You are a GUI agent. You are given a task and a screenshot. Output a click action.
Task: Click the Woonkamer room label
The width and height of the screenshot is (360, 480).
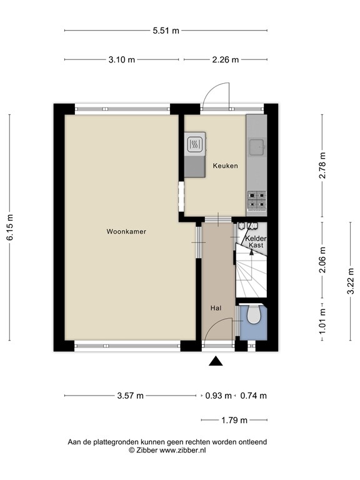click(x=126, y=231)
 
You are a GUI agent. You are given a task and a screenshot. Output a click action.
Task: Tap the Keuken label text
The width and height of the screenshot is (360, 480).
click(x=225, y=166)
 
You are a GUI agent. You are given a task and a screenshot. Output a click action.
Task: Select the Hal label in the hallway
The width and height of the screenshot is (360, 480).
click(x=216, y=307)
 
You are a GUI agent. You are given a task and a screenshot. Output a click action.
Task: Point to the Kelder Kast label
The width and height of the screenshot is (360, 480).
click(x=256, y=242)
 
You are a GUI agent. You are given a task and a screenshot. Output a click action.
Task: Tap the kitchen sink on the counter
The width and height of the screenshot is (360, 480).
click(x=256, y=147)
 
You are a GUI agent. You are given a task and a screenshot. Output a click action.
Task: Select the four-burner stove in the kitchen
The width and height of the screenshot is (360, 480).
click(x=256, y=199)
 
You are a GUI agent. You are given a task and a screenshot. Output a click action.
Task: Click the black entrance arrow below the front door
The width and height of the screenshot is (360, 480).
click(x=216, y=361)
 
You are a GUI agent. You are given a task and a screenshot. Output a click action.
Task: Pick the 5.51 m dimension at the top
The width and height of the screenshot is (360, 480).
click(x=166, y=30)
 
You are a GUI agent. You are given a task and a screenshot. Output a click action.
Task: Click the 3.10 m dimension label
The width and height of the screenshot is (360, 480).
click(x=121, y=60)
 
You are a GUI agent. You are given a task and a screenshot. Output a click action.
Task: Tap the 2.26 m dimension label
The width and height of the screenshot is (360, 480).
click(x=226, y=60)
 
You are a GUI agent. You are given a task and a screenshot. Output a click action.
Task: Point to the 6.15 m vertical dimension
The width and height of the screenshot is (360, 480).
click(x=10, y=227)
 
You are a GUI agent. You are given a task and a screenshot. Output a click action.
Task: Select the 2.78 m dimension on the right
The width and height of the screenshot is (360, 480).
click(x=322, y=166)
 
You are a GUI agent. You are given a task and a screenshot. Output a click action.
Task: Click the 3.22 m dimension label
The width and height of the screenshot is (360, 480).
click(x=351, y=281)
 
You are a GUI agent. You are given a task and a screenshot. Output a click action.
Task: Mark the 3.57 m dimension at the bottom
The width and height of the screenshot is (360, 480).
click(x=130, y=396)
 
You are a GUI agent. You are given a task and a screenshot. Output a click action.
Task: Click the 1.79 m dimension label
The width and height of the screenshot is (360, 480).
click(x=234, y=420)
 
